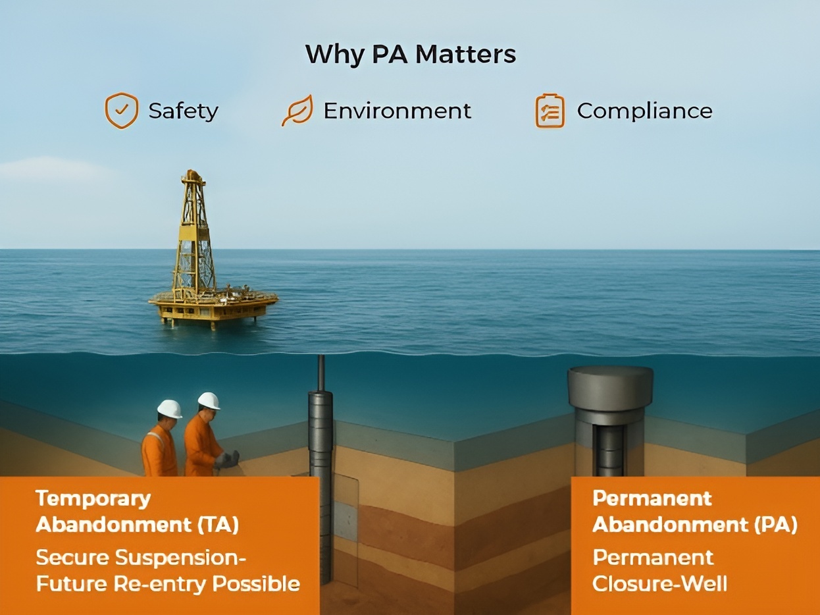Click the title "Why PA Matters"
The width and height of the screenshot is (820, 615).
tap(410, 54)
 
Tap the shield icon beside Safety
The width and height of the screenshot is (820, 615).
tap(122, 111)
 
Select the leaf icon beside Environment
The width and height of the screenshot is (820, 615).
tap(297, 111)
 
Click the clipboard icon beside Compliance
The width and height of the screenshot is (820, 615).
tap(550, 111)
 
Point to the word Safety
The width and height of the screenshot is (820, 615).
tap(183, 111)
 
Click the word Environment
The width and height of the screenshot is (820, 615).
tap(397, 111)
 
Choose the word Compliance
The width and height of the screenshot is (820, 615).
tap(644, 111)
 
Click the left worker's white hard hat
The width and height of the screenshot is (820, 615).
tap(169, 408)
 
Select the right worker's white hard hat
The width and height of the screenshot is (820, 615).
tap(209, 400)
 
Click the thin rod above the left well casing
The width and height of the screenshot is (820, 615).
tap(321, 373)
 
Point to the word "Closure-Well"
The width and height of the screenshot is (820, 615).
tap(659, 583)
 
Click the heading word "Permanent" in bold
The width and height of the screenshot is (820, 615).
tap(652, 498)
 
